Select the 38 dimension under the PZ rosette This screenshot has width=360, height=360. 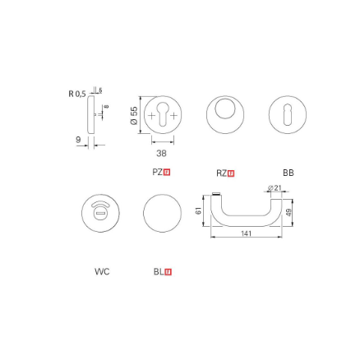(161, 153)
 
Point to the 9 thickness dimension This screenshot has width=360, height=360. (79, 141)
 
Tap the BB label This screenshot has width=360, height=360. (288, 173)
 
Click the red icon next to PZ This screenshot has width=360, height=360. (168, 173)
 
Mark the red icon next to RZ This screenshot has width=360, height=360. (231, 173)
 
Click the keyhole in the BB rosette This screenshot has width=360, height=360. (288, 116)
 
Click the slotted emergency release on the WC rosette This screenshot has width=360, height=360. (100, 214)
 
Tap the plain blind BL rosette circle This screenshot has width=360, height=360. (162, 214)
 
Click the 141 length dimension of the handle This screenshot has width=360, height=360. (245, 234)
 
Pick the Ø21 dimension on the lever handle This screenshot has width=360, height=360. (277, 188)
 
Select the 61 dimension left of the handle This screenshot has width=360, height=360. (198, 210)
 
